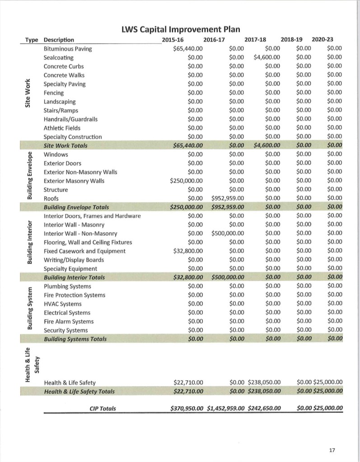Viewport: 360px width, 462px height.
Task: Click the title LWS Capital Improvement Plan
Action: pyautogui.click(x=180, y=30)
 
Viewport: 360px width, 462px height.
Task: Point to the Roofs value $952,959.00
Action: pyautogui.click(x=228, y=198)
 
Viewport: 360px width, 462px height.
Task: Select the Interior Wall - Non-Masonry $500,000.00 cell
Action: pyautogui.click(x=228, y=233)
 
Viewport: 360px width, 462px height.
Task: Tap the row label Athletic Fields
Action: pyautogui.click(x=61, y=128)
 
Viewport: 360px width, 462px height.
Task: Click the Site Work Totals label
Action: pyautogui.click(x=65, y=145)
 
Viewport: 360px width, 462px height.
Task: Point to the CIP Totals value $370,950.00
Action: pyautogui.click(x=187, y=409)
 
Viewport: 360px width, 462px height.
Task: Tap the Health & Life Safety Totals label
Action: pyautogui.click(x=79, y=392)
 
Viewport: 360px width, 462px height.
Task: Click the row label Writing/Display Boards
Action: pyautogui.click(x=74, y=260)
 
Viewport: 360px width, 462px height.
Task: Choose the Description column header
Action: pyautogui.click(x=59, y=40)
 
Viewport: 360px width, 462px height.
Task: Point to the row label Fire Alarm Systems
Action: pyautogui.click(x=69, y=322)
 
